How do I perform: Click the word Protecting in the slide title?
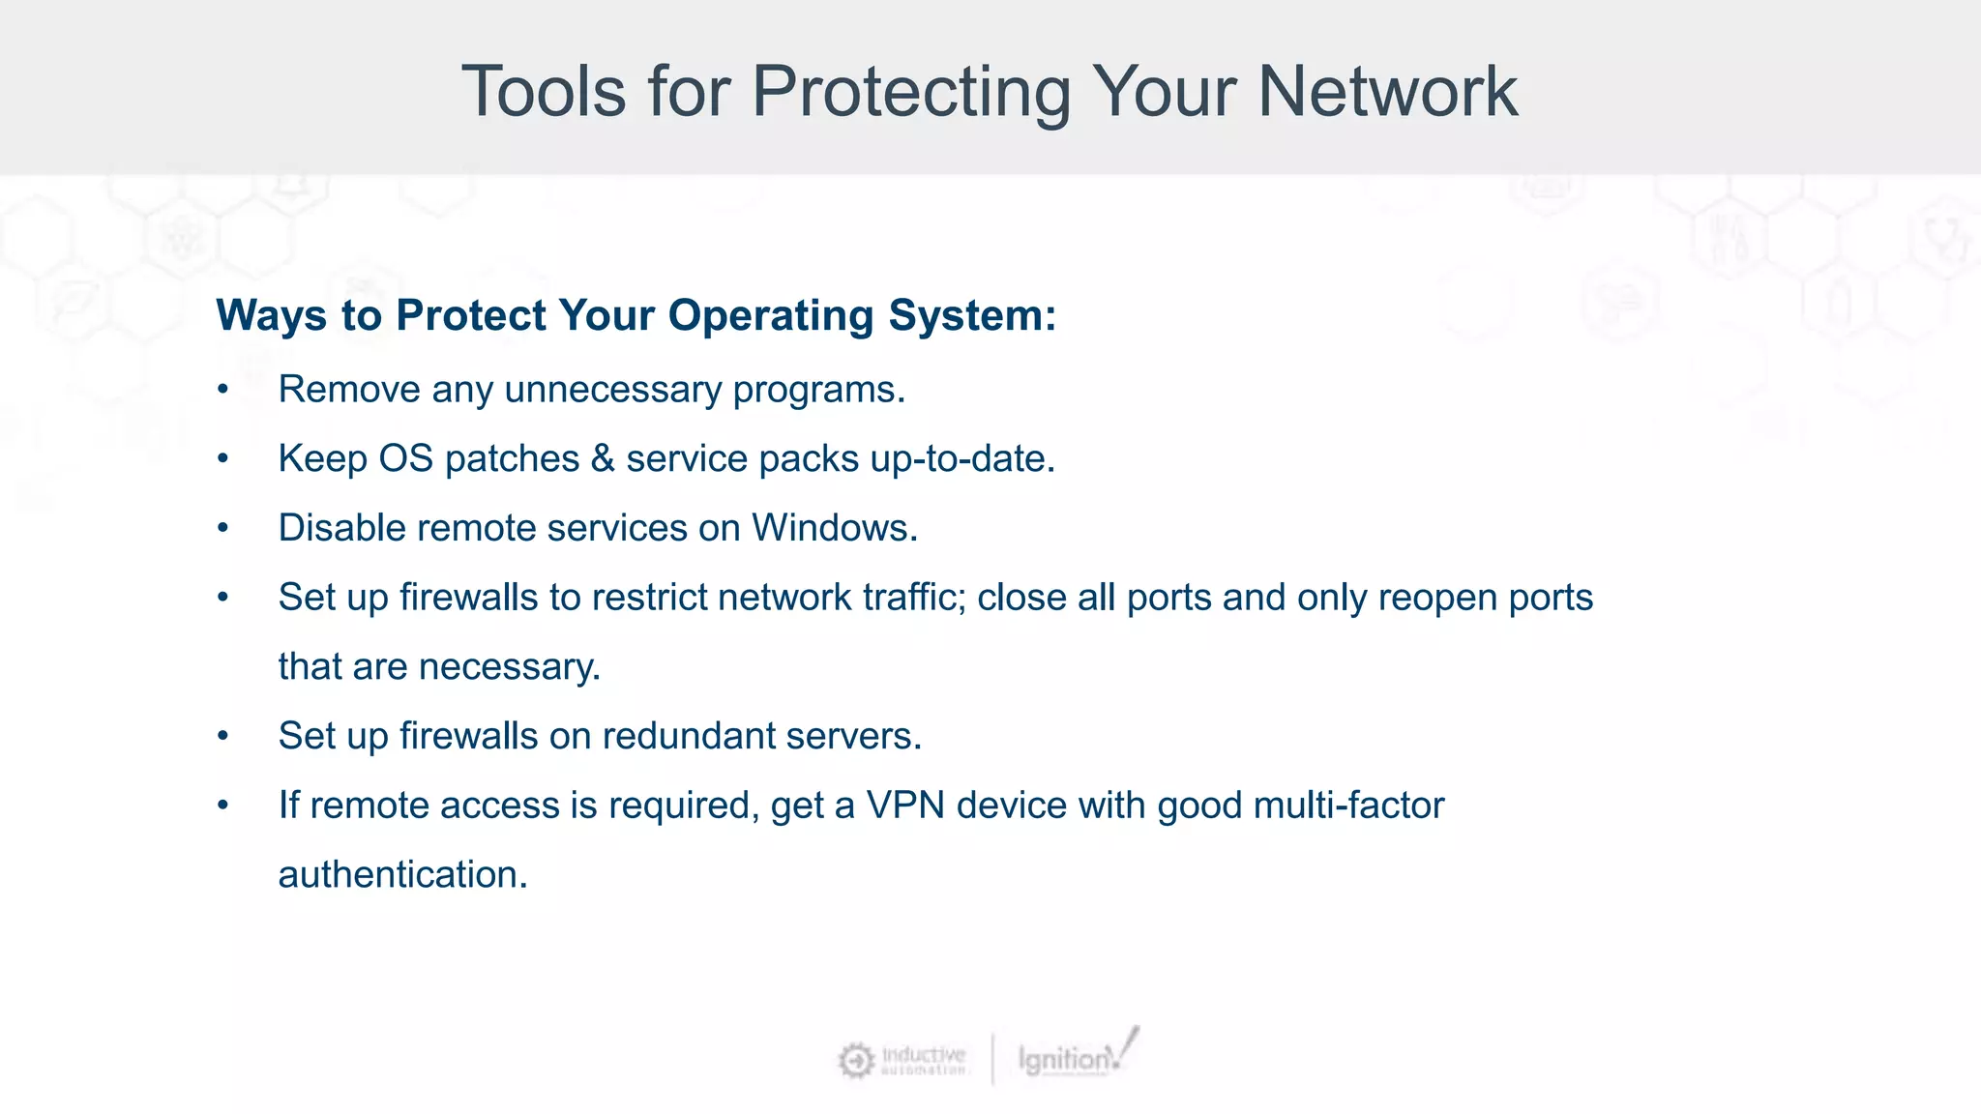tap(911, 92)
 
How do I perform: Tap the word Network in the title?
tap(1387, 92)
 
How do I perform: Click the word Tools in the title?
tap(544, 92)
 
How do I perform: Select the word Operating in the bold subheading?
tap(770, 315)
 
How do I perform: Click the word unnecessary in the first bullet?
tap(613, 390)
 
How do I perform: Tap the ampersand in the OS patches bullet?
tap(603, 458)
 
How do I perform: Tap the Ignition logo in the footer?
tap(1074, 1057)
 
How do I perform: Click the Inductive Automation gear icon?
tap(856, 1060)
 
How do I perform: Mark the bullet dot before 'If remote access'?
tap(223, 806)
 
